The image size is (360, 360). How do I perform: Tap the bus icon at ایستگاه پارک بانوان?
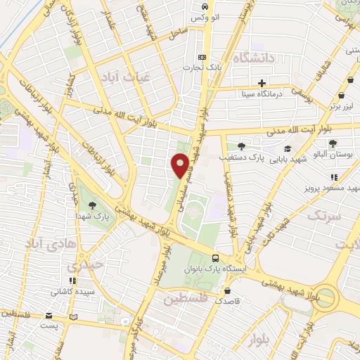[x=215, y=258]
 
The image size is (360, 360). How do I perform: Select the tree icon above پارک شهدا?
[x=92, y=205]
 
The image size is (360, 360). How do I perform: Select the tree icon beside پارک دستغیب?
[x=242, y=146]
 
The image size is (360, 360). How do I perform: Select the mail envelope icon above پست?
[x=49, y=316]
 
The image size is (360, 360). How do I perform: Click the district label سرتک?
[x=323, y=215]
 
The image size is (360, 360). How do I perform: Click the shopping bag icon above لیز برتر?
[x=341, y=96]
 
